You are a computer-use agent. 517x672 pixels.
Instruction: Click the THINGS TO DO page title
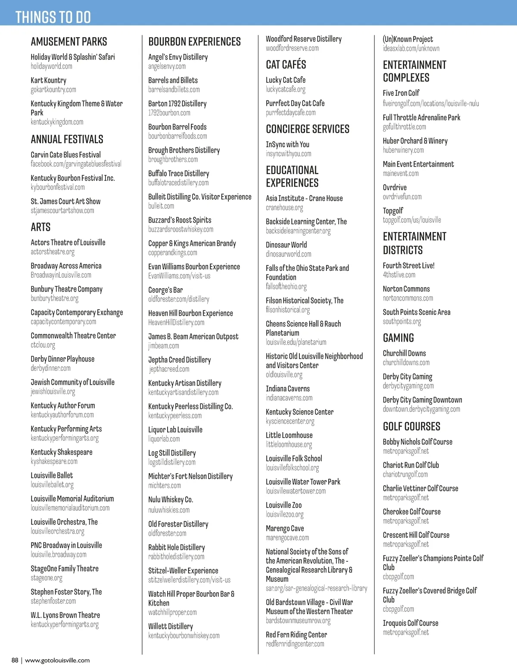click(x=53, y=17)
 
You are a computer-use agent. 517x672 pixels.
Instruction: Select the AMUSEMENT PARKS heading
click(x=69, y=42)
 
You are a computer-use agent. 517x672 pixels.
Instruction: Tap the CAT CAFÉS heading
click(x=286, y=65)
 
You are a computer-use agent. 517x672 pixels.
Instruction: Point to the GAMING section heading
click(x=399, y=338)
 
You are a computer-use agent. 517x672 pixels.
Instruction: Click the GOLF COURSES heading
click(x=411, y=427)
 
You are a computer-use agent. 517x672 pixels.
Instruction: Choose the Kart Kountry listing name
click(x=48, y=80)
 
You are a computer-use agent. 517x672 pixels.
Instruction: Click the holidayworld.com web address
click(x=51, y=66)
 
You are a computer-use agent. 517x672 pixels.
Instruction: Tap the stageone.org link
click(x=47, y=578)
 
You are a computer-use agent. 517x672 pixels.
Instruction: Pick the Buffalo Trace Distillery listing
click(x=178, y=173)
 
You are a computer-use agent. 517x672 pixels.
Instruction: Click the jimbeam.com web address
click(x=164, y=346)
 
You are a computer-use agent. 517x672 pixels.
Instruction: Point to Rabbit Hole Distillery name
click(x=177, y=547)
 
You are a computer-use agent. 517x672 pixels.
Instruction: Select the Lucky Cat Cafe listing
click(x=286, y=80)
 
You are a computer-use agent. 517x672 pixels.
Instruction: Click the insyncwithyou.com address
click(x=288, y=154)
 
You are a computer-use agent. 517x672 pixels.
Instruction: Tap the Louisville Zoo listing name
click(x=283, y=505)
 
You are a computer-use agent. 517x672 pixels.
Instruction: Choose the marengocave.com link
click(x=287, y=538)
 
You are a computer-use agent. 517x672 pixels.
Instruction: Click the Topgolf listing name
click(x=393, y=211)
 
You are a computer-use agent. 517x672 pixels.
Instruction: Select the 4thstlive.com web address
click(x=399, y=275)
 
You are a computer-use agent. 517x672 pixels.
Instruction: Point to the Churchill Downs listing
click(x=404, y=353)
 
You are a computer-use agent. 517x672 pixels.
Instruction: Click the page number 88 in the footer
click(x=15, y=660)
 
